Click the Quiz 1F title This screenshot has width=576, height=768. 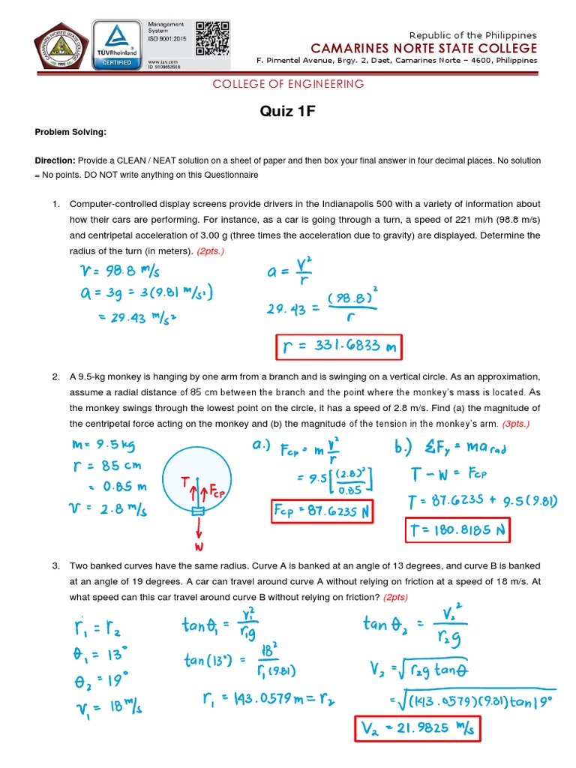pos(288,112)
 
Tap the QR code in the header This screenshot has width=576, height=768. pos(212,38)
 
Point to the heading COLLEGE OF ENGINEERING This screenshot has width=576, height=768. pos(288,84)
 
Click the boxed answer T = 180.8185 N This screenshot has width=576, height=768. pos(457,532)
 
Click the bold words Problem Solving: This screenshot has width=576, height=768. pos(70,133)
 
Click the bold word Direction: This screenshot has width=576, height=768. pos(55,161)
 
